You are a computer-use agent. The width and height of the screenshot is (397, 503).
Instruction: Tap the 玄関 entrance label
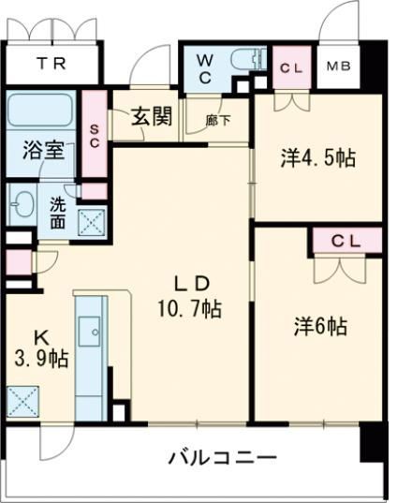coord(151,117)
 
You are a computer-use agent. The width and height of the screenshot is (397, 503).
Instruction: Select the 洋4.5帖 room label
coord(317,158)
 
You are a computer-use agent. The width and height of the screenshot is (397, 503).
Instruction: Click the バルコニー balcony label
coord(222,459)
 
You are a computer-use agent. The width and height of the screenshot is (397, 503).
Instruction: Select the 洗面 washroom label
coord(57,213)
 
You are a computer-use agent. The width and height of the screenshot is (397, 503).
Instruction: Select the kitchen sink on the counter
coord(91,332)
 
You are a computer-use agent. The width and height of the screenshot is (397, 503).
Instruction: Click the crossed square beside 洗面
coord(92,221)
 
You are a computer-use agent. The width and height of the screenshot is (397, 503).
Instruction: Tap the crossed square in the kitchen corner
coord(22,400)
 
